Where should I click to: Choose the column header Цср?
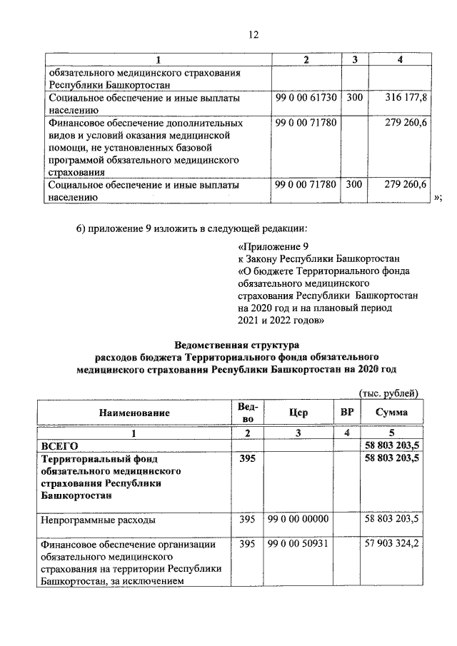pyautogui.click(x=299, y=413)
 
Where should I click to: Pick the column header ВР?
pyautogui.click(x=346, y=413)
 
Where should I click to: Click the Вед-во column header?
pyautogui.click(x=246, y=413)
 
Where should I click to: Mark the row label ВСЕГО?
pyautogui.click(x=59, y=445)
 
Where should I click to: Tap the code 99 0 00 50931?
pyautogui.click(x=298, y=545)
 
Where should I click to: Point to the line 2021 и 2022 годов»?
pyautogui.click(x=281, y=320)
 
